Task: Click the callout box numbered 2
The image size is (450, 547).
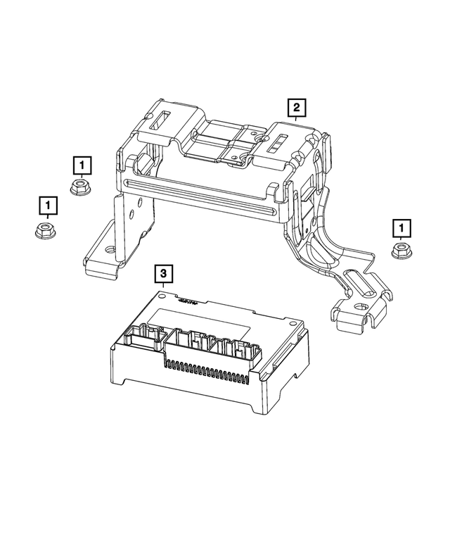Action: [x=296, y=108]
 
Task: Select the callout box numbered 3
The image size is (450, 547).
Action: [x=162, y=272]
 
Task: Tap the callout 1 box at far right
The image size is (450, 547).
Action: [x=401, y=227]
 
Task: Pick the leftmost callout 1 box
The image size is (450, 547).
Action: [x=47, y=205]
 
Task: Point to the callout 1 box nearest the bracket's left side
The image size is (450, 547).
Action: [x=82, y=165]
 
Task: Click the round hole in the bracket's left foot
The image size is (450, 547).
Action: [x=109, y=249]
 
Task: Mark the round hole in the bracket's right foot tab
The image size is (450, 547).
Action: [x=359, y=307]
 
